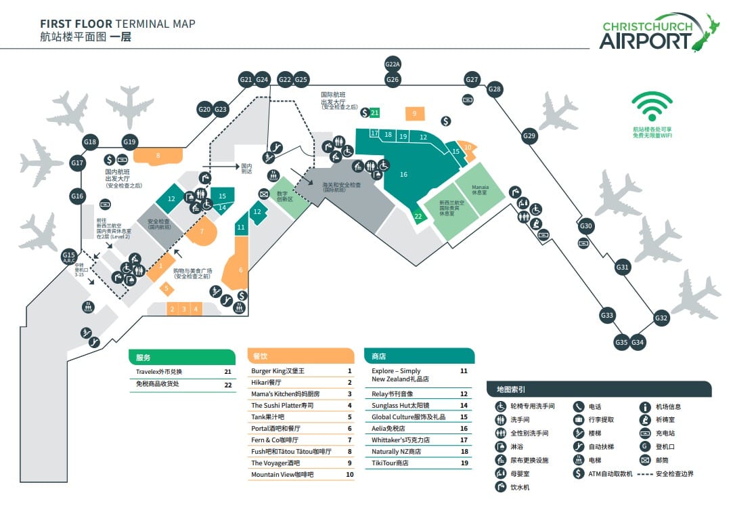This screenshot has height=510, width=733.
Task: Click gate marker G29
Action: pos(529,136)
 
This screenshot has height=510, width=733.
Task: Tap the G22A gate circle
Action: pos(393,65)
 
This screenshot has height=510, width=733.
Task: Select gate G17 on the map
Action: pos(77,163)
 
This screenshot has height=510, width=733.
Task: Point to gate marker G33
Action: pos(606,315)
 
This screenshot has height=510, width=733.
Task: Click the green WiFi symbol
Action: pos(652,107)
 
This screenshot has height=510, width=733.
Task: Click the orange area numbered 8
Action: pos(158,156)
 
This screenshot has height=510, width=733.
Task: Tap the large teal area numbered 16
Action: pos(403,175)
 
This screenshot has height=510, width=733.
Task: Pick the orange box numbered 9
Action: pos(414,114)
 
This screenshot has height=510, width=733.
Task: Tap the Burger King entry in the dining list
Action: pos(278,371)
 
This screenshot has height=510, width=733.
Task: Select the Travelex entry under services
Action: pos(159,372)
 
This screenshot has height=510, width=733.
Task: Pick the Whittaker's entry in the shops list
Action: pos(401,440)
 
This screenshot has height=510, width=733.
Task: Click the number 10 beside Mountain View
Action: pos(350,475)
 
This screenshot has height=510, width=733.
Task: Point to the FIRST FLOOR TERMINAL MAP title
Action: pos(118,24)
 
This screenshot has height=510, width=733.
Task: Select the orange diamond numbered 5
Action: pos(166,288)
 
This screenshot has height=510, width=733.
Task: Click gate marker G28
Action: pos(495,89)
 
